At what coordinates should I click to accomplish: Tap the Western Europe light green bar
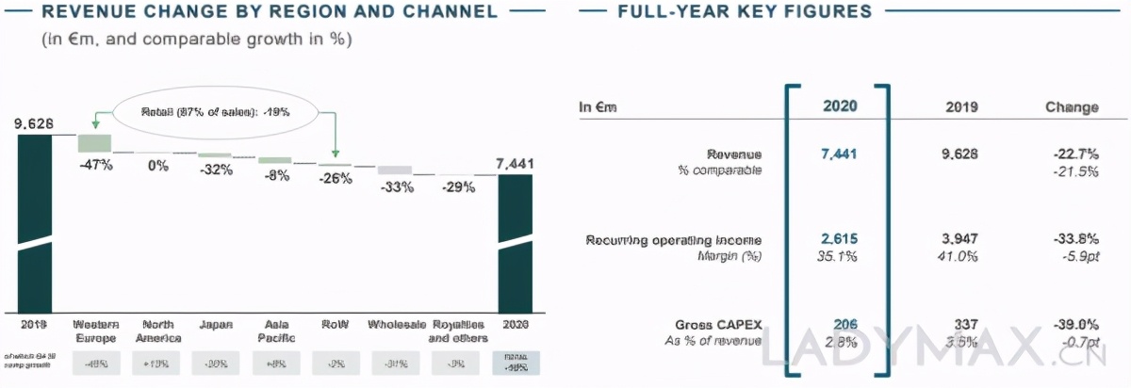pyautogui.click(x=94, y=142)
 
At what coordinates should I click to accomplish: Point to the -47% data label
pyautogui.click(x=95, y=165)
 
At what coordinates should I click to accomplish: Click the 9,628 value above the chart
pyautogui.click(x=34, y=122)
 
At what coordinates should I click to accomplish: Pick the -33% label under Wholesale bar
pyautogui.click(x=396, y=186)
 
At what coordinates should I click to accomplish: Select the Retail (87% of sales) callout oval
pyautogui.click(x=215, y=110)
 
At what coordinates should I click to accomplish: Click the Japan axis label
pyautogui.click(x=216, y=325)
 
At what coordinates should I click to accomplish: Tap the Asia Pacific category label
pyautogui.click(x=275, y=331)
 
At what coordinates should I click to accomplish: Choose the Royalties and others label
pyautogui.click(x=456, y=331)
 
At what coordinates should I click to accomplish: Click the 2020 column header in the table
pyautogui.click(x=836, y=106)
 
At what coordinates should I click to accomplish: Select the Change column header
pyautogui.click(x=1072, y=106)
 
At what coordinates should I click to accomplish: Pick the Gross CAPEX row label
pyautogui.click(x=720, y=324)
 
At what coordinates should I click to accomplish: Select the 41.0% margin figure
pyautogui.click(x=961, y=255)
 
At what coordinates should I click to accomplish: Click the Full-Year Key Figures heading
pyautogui.click(x=745, y=12)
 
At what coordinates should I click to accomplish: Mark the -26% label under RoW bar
pyautogui.click(x=336, y=178)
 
